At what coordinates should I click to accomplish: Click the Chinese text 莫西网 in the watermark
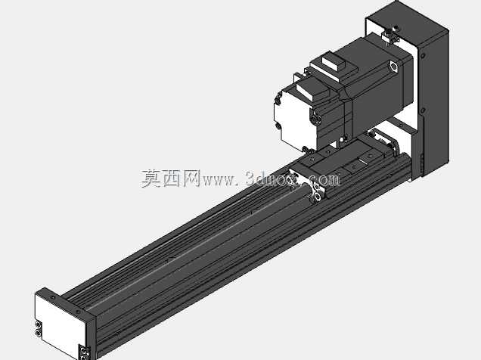[x=170, y=178]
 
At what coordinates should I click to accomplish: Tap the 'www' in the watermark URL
[x=217, y=180]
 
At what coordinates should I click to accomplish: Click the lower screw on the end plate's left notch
[x=38, y=333]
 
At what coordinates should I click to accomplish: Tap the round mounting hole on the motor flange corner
[x=393, y=67]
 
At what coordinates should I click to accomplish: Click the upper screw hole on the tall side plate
[x=423, y=56]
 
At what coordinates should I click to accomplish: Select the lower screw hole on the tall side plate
[x=423, y=110]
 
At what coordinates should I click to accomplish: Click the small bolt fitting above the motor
[x=389, y=36]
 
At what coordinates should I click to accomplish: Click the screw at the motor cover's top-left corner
[x=278, y=99]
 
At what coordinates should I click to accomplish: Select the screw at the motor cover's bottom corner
[x=305, y=149]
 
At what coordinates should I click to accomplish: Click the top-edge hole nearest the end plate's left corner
[x=53, y=297]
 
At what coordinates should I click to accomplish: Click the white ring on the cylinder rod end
[x=317, y=192]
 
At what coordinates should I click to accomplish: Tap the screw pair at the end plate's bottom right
[x=84, y=352]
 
